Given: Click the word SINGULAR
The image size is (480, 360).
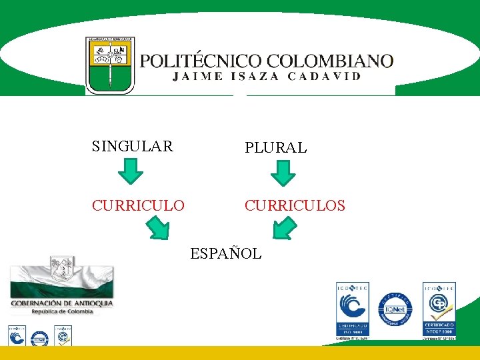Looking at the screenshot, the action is pyautogui.click(x=132, y=146).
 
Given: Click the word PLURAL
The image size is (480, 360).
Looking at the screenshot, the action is pyautogui.click(x=275, y=148).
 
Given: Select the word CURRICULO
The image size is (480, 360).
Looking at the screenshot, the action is pyautogui.click(x=138, y=205).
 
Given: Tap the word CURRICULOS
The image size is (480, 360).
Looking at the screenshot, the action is pyautogui.click(x=295, y=205).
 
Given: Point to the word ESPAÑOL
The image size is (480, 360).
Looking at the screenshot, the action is pyautogui.click(x=226, y=253).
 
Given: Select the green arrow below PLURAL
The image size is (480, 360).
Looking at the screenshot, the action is pyautogui.click(x=283, y=173).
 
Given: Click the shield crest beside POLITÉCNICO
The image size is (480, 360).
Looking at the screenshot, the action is pyautogui.click(x=110, y=65).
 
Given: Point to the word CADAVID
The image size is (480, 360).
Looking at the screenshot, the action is pyautogui.click(x=325, y=76).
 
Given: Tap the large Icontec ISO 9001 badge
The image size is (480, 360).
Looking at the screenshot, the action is pyautogui.click(x=352, y=309).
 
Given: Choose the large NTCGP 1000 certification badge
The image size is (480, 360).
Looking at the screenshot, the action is pyautogui.click(x=439, y=309).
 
